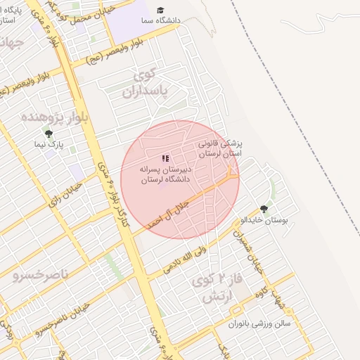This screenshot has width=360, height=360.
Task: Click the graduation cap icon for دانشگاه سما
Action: point(160,11)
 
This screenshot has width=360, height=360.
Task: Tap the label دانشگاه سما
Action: point(159,21)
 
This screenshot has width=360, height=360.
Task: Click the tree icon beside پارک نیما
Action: point(48,134)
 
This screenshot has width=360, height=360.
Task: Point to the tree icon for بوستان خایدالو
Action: point(264,209)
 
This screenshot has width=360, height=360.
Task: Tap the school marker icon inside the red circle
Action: point(165,159)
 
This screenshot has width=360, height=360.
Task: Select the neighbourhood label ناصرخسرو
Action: point(41,274)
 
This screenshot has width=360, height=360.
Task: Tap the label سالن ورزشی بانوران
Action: point(263,324)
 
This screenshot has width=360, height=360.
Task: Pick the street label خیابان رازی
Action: point(64,195)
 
